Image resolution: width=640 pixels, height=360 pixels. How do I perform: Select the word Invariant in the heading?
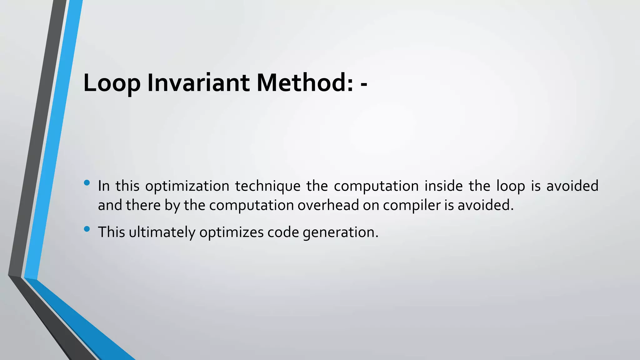tap(198, 83)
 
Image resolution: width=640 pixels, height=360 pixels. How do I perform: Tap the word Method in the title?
tap(300, 83)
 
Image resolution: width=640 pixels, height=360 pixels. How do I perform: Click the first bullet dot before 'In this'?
tap(87, 182)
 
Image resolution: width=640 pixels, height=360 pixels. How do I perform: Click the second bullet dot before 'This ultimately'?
tap(87, 229)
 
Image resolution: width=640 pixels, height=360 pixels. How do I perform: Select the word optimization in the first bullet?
tap(187, 186)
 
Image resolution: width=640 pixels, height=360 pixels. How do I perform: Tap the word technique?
tap(267, 186)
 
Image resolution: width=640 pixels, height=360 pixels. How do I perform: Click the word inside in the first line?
tap(443, 186)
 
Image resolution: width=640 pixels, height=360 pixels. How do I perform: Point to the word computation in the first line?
tap(376, 186)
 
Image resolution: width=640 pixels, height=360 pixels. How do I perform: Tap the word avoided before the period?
tap(485, 205)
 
